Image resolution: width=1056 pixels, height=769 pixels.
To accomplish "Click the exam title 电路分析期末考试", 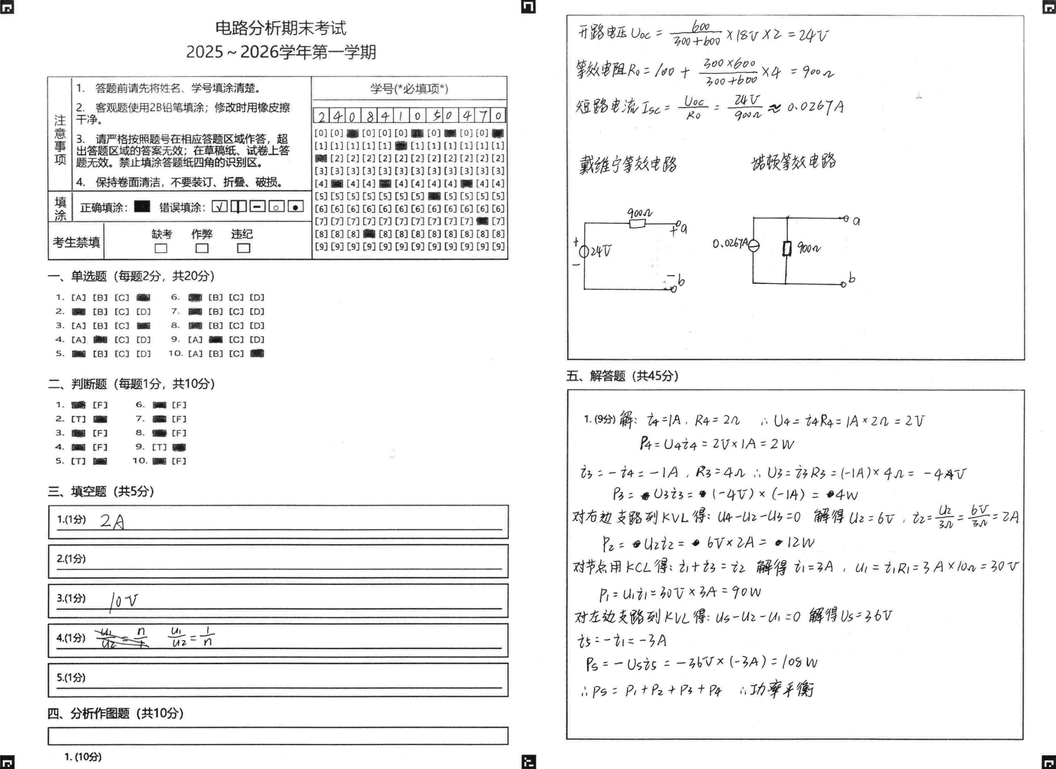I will pyautogui.click(x=281, y=28).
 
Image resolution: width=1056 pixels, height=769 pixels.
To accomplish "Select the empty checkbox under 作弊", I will pyautogui.click(x=202, y=248).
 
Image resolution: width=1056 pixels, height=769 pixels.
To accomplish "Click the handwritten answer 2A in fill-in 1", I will pyautogui.click(x=112, y=522).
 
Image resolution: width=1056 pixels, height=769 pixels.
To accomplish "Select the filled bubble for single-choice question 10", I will pyautogui.click(x=257, y=354).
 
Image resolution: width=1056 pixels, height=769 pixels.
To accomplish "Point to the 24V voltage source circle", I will pyautogui.click(x=584, y=252).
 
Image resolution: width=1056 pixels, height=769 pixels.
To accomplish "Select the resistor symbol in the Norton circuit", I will pyautogui.click(x=787, y=248).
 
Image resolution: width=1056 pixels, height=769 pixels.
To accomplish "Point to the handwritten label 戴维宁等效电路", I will pyautogui.click(x=628, y=164).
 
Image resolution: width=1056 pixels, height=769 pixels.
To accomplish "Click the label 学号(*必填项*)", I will pyautogui.click(x=409, y=89).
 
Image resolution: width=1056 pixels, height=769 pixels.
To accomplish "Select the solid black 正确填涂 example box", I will pyautogui.click(x=142, y=206).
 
